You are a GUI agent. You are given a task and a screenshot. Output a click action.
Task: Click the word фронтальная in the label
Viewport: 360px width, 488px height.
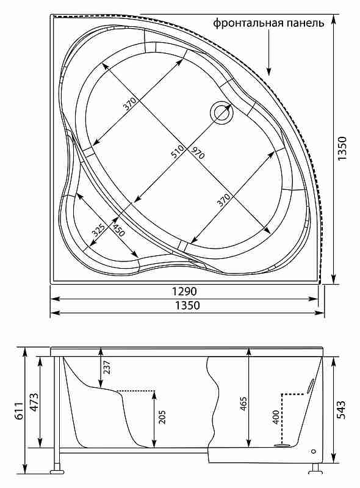pos(248,23)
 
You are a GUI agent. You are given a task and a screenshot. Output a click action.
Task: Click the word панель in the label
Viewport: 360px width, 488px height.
pos(305,23)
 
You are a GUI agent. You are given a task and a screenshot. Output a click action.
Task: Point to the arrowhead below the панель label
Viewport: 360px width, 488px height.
pos(268,71)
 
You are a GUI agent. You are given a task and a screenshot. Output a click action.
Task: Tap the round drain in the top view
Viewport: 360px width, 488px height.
pos(221,113)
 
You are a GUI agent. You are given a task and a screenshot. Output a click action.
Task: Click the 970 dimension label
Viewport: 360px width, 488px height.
pos(197,153)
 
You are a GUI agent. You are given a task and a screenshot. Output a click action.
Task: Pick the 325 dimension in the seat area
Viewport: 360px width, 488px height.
pos(99,230)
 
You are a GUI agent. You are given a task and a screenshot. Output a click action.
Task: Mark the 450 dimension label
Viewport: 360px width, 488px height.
pos(118,230)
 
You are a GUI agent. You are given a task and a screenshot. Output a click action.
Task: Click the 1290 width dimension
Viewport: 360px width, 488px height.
pos(184,291)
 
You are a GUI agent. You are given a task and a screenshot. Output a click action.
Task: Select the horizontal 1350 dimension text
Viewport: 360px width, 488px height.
pos(187,305)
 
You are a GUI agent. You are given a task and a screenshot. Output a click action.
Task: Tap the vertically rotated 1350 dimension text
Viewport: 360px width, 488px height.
pos(342,148)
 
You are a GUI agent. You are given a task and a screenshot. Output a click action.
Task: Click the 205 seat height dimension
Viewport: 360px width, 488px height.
pos(162,417)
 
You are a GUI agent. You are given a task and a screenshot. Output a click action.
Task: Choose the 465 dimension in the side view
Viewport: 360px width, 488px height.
pos(243,403)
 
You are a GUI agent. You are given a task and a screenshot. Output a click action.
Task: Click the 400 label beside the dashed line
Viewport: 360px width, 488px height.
pos(276,417)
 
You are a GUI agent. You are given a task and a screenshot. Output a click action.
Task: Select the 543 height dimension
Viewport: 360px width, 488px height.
pos(341,410)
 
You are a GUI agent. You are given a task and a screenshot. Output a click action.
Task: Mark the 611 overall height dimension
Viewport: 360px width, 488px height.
pos(19,411)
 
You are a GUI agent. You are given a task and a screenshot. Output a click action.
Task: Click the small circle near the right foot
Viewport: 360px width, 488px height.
pos(313,451)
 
